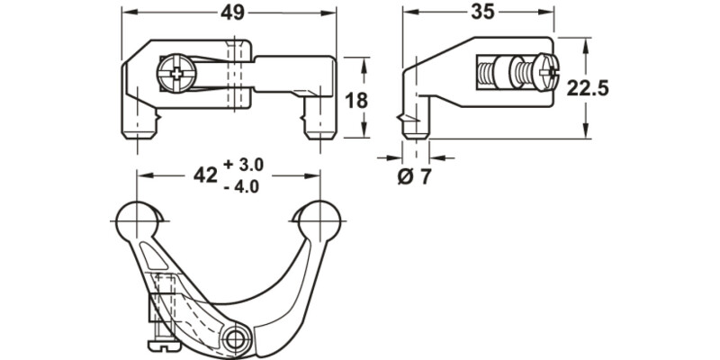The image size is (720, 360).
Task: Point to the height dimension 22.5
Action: [589, 87]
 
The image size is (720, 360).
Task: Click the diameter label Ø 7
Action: [414, 175]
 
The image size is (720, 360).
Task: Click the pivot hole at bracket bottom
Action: [238, 339]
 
